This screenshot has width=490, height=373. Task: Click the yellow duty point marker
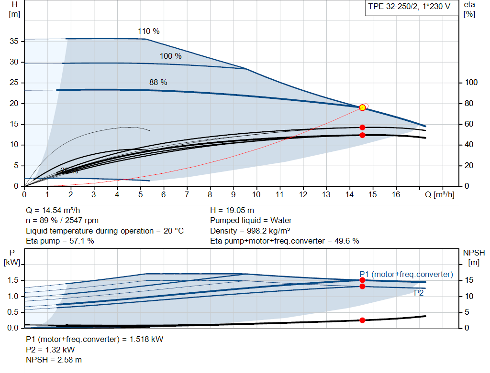[362, 107]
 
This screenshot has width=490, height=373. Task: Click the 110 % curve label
[148, 32]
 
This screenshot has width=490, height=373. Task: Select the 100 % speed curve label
[170, 56]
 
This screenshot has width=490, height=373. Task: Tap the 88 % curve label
[158, 83]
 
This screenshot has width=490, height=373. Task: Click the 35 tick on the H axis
[14, 42]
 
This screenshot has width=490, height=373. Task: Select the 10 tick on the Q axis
[256, 195]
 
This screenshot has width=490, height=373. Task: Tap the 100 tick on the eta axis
[471, 83]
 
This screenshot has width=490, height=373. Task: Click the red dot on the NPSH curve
[362, 320]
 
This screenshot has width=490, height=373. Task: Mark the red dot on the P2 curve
[362, 286]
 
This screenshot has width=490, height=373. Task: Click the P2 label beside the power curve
[419, 293]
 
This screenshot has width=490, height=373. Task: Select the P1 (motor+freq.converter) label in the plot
[406, 274]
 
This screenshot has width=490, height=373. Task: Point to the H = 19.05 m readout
[232, 210]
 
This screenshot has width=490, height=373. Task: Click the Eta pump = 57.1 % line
[60, 241]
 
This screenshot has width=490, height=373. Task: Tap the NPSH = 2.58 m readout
[54, 360]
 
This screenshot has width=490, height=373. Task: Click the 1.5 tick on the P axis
[13, 280]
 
